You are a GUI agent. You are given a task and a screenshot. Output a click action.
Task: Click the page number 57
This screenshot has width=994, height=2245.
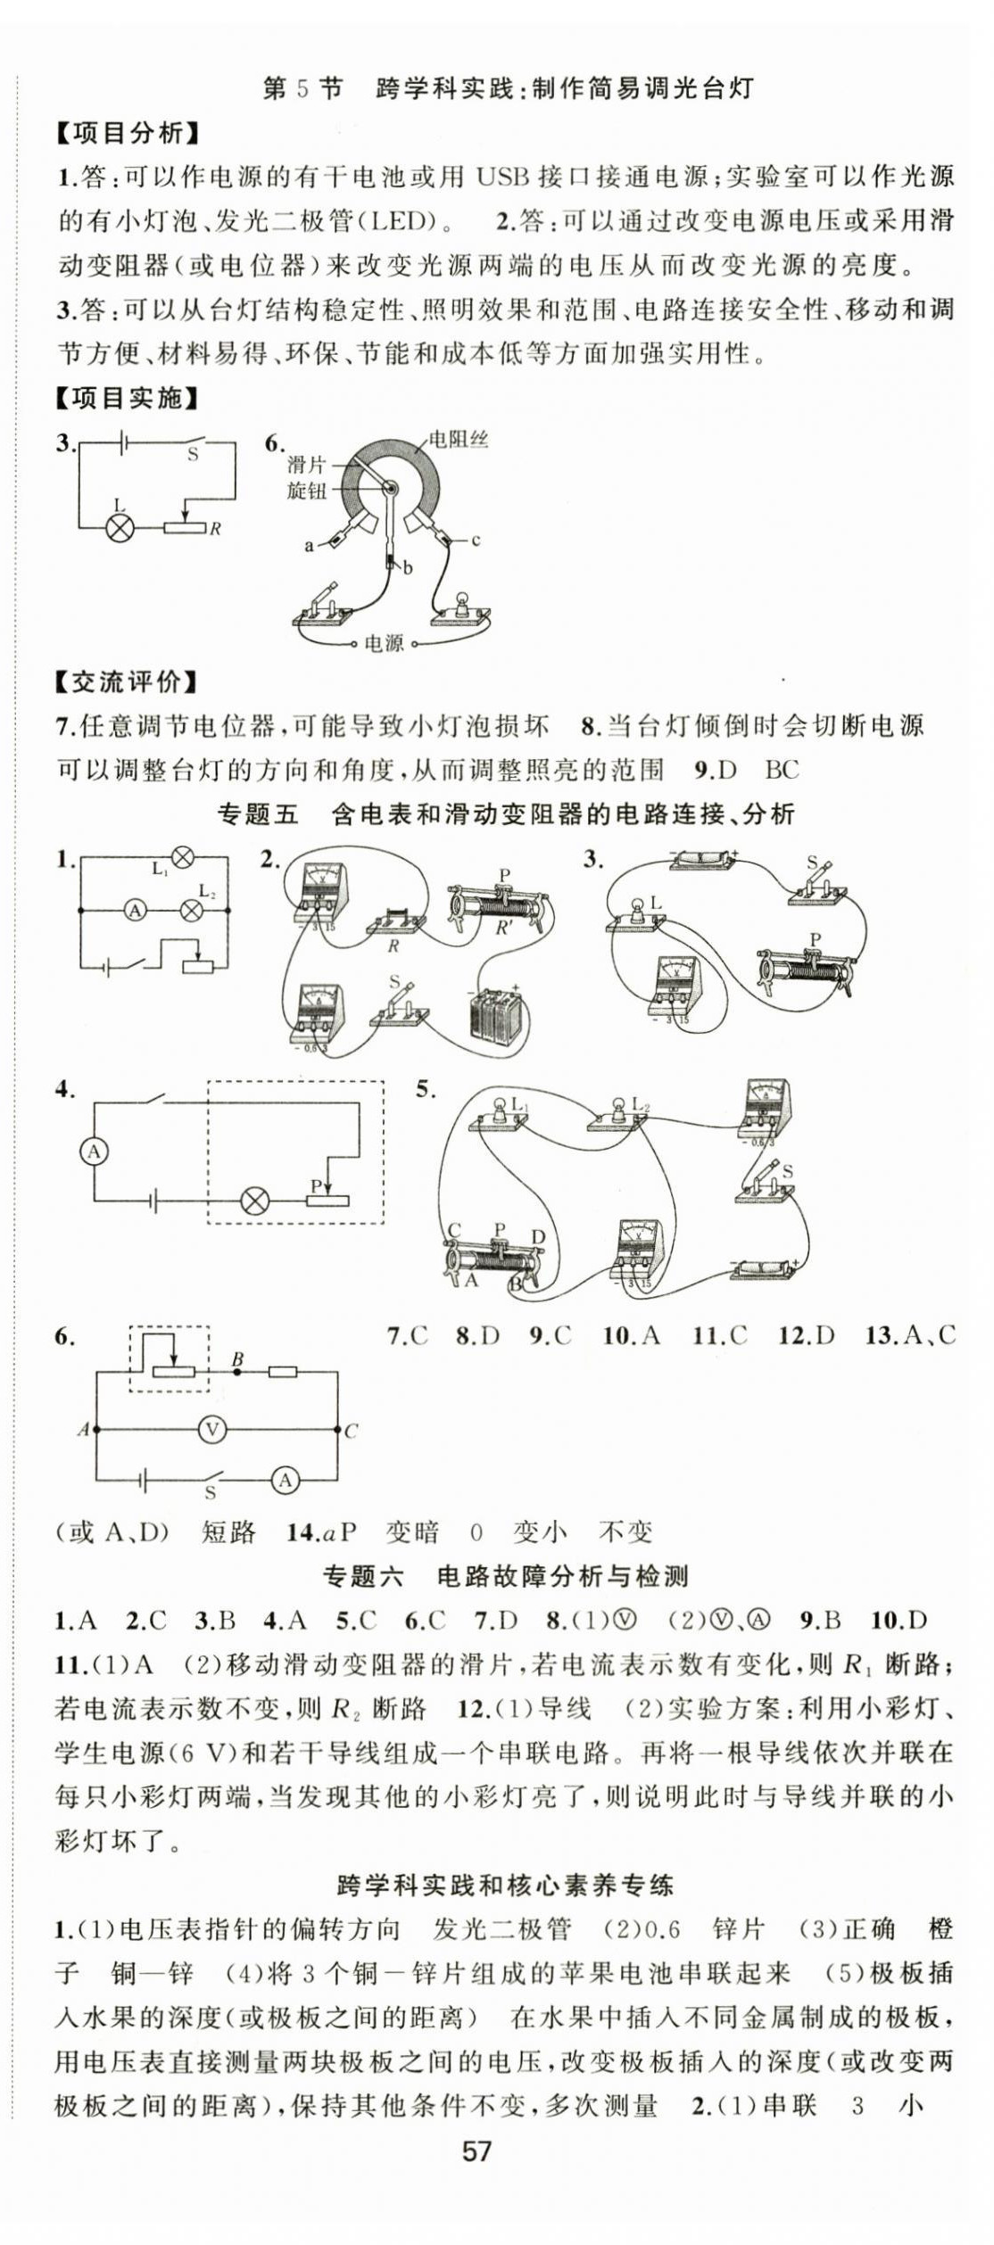[476, 2150]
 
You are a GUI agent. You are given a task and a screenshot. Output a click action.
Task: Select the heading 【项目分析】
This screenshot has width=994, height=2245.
[127, 134]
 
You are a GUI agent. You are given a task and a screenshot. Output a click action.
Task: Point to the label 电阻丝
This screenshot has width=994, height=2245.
[459, 440]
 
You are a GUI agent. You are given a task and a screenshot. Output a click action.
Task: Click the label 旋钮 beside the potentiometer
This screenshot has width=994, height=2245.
[306, 491]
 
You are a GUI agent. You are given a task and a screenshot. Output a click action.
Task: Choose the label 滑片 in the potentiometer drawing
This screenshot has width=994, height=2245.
[306, 465]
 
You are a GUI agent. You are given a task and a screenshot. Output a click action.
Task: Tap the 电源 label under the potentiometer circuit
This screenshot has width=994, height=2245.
[385, 643]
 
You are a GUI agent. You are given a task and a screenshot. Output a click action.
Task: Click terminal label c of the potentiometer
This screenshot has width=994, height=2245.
[476, 541]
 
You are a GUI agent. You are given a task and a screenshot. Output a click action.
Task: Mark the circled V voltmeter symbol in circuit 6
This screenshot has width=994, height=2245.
[212, 1430]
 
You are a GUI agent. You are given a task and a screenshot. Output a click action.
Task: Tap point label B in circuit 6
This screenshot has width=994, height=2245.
[237, 1359]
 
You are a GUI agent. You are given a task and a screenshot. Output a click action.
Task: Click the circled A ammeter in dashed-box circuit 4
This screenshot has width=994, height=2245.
[94, 1152]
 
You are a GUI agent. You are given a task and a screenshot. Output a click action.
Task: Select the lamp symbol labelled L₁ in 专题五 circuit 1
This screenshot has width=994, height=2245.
[182, 858]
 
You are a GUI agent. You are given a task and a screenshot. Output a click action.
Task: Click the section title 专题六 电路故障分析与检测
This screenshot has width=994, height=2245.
[505, 1576]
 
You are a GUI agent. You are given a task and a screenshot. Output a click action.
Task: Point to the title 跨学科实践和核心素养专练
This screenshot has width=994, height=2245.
[505, 1885]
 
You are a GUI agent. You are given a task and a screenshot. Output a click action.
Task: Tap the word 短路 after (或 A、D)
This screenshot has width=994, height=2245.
[228, 1532]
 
